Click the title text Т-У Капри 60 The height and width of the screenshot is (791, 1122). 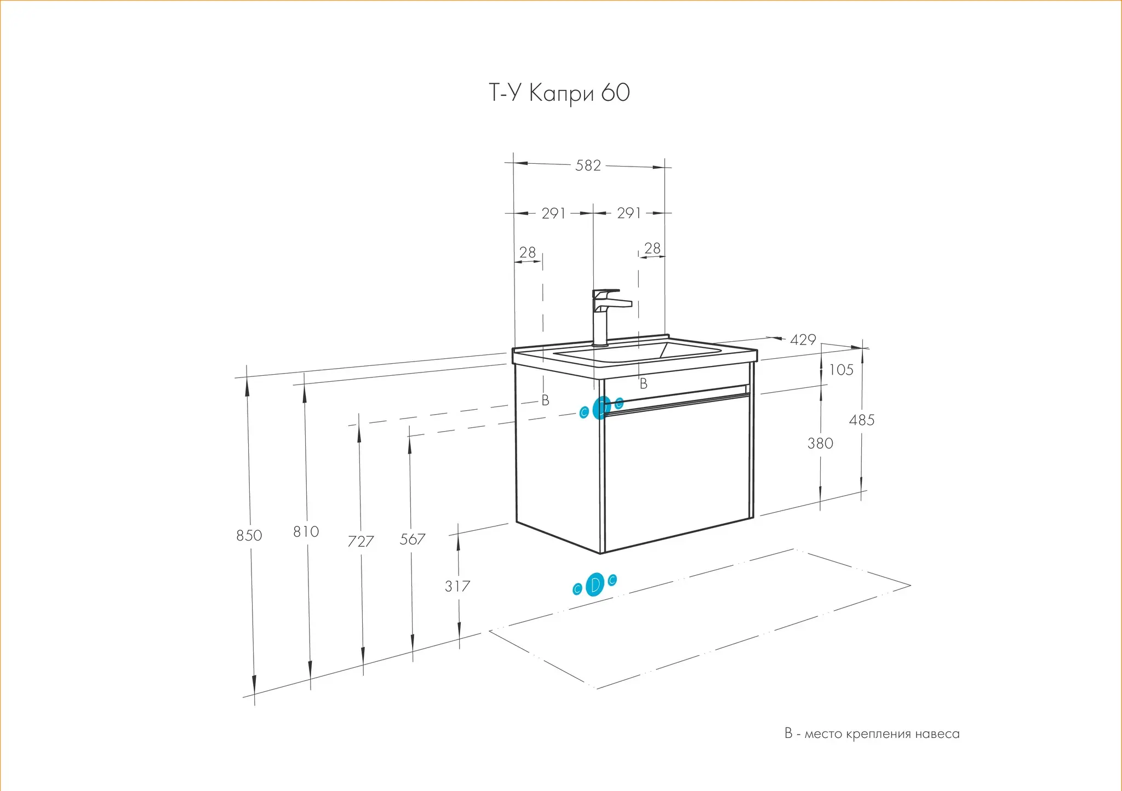point(559,93)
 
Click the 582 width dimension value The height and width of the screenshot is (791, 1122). point(588,165)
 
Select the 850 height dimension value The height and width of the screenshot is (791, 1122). point(249,535)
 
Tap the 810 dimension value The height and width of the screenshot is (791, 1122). point(306,531)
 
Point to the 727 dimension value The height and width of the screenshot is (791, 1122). point(360,541)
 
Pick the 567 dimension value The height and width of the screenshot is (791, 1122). point(412,540)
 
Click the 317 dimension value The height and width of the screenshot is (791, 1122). point(457,586)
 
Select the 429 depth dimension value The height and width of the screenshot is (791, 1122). point(803,340)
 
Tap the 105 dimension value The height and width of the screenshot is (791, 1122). point(841,370)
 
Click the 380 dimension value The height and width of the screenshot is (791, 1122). point(820,443)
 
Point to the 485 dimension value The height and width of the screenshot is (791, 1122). point(862,420)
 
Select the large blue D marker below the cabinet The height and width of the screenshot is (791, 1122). point(594,585)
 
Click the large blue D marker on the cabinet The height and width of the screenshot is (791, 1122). point(602,408)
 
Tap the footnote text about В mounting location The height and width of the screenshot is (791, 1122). point(872,733)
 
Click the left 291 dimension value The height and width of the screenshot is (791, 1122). point(553,213)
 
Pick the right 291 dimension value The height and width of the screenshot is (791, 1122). point(629,213)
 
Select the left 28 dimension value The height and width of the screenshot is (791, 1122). point(527,252)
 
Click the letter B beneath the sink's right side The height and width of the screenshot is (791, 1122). point(644,384)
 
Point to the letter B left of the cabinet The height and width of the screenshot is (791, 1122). point(545,400)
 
